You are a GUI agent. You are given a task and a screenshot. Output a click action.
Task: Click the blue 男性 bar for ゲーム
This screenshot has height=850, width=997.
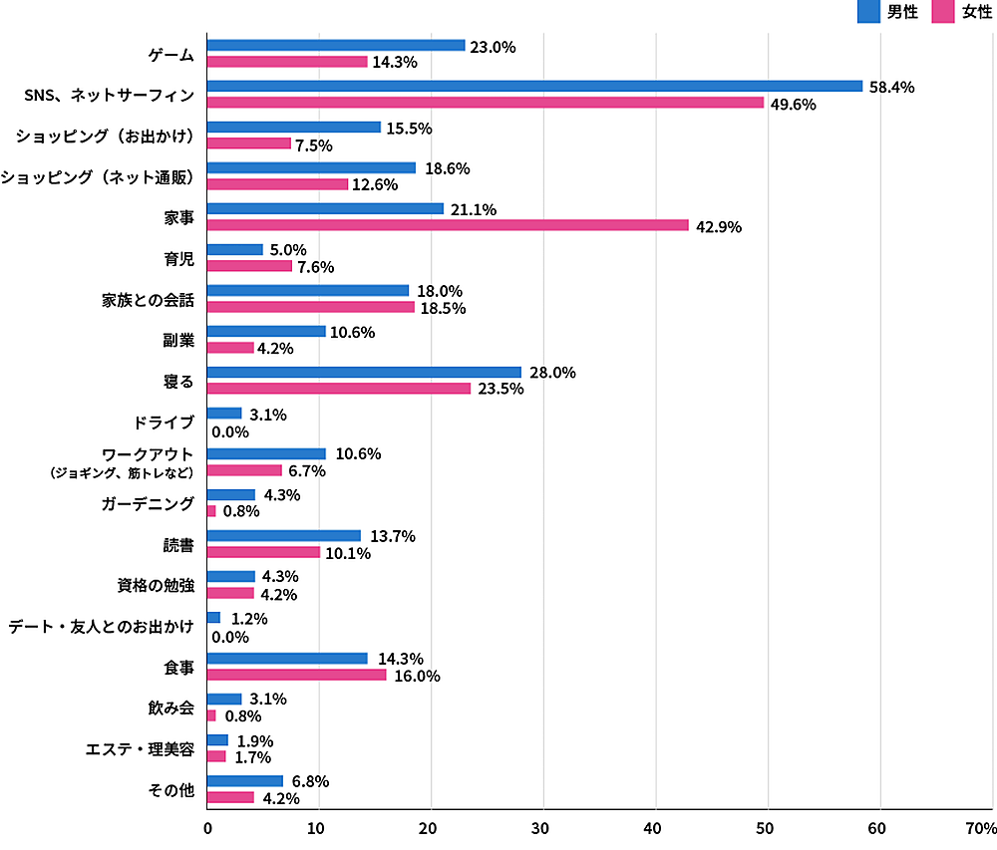(x=336, y=45)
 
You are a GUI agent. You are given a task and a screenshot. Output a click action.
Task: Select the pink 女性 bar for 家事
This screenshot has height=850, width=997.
(x=448, y=225)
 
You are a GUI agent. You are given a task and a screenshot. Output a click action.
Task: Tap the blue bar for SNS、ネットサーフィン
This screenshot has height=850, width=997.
(x=534, y=86)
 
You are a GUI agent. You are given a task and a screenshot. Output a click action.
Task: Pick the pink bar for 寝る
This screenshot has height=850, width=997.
(x=339, y=389)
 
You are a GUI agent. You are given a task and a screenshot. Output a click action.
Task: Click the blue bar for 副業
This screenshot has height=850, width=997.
(x=266, y=331)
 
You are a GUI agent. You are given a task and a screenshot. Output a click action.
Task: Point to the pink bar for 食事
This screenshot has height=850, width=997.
(x=296, y=675)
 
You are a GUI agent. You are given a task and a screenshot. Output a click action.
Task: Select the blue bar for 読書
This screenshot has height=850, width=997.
(x=284, y=535)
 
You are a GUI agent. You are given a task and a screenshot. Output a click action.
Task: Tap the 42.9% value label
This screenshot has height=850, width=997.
(x=719, y=226)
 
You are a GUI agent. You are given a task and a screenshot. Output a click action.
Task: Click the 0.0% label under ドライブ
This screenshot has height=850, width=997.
(x=229, y=432)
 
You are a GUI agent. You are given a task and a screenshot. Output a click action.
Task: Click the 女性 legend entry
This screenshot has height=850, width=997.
(x=963, y=12)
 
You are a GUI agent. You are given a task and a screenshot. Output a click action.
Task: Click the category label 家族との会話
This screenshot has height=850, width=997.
(x=148, y=300)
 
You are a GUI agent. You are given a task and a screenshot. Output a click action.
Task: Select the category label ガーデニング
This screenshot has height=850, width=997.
(x=147, y=504)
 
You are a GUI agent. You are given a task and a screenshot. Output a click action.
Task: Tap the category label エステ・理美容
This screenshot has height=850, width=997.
(x=140, y=749)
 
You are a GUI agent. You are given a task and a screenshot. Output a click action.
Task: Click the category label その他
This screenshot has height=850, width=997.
(x=171, y=790)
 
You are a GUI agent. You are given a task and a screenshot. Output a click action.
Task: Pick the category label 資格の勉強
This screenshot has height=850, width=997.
(x=153, y=586)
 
